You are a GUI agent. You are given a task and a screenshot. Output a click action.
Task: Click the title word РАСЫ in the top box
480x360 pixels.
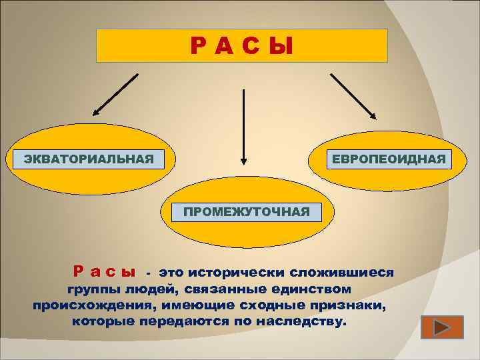click(x=241, y=46)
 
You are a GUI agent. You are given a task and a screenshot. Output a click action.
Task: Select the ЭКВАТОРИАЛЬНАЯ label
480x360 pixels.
click(x=89, y=159)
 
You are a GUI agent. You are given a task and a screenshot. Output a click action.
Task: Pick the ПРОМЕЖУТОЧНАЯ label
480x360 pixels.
click(x=247, y=212)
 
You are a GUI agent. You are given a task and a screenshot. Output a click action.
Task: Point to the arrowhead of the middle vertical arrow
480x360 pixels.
click(x=244, y=161)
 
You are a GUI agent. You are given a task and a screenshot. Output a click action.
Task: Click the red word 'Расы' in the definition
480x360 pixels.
click(x=104, y=273)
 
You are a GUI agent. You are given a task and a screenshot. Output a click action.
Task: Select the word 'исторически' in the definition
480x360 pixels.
click(x=236, y=273)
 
